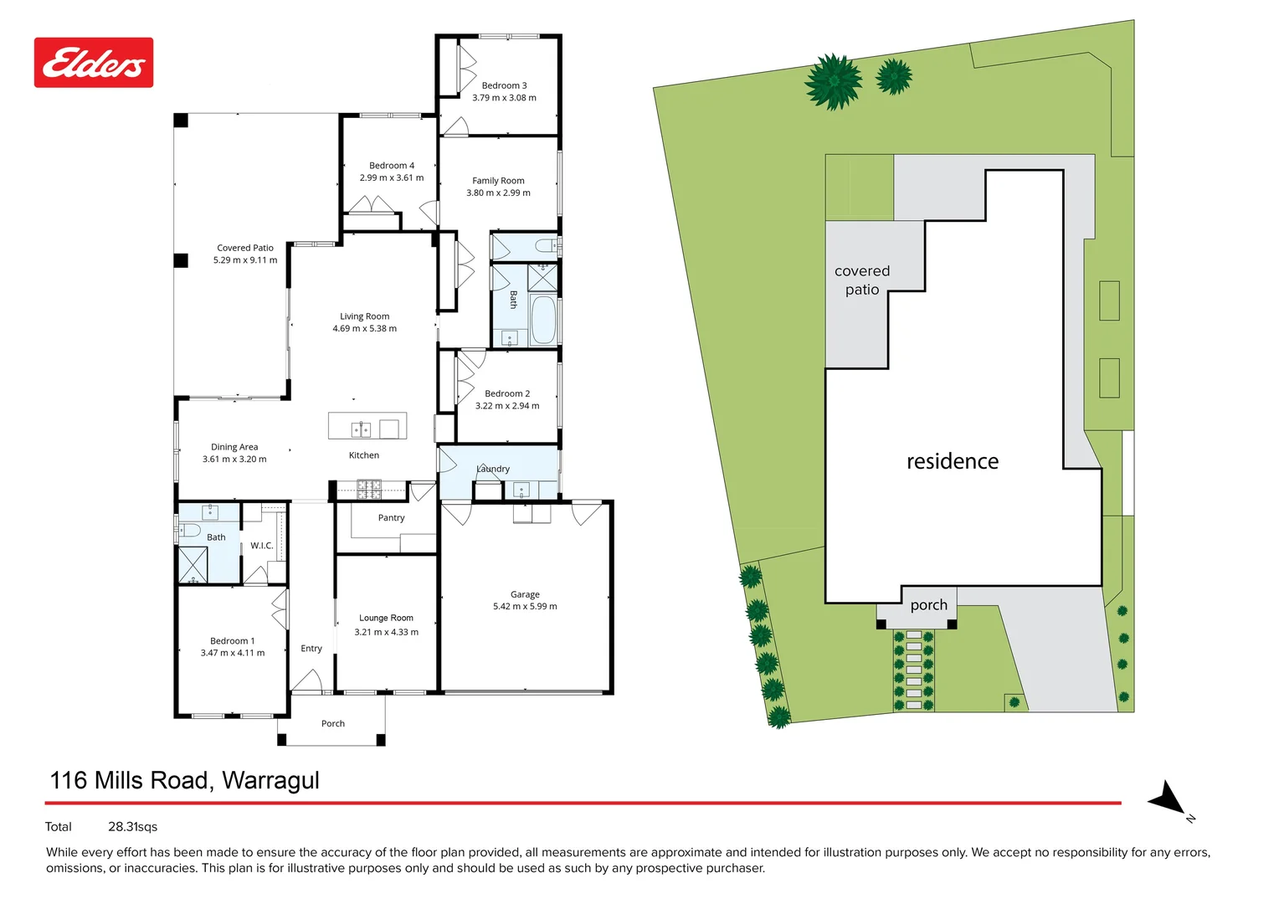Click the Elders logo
coord(94,63)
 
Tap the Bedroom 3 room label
coord(504,85)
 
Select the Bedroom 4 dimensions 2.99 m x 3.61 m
coord(392,178)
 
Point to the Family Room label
coord(498,181)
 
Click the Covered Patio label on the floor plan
coord(245,248)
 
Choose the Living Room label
coord(364,316)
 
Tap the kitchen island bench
coord(367,426)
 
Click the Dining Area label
coord(234,447)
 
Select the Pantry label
coord(391,518)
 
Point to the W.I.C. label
coord(262,546)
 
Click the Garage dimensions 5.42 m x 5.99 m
coord(525,607)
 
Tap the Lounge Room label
coord(386,619)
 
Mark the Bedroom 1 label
coord(232,641)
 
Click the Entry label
coord(311,649)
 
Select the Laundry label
coord(493,470)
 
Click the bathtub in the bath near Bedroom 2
coord(543,320)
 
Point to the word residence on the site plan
coord(953,461)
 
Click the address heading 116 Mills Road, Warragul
coord(185,780)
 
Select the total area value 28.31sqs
coord(132,827)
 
